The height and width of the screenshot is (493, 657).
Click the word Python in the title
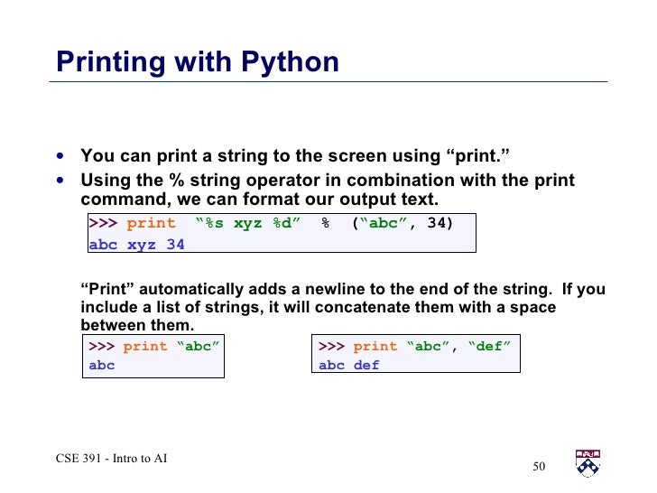(x=290, y=62)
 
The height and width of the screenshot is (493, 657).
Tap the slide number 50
(x=540, y=467)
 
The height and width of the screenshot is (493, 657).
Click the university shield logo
(x=588, y=463)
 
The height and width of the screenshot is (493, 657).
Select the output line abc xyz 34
(x=136, y=244)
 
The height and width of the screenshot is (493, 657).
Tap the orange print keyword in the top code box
(x=152, y=223)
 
